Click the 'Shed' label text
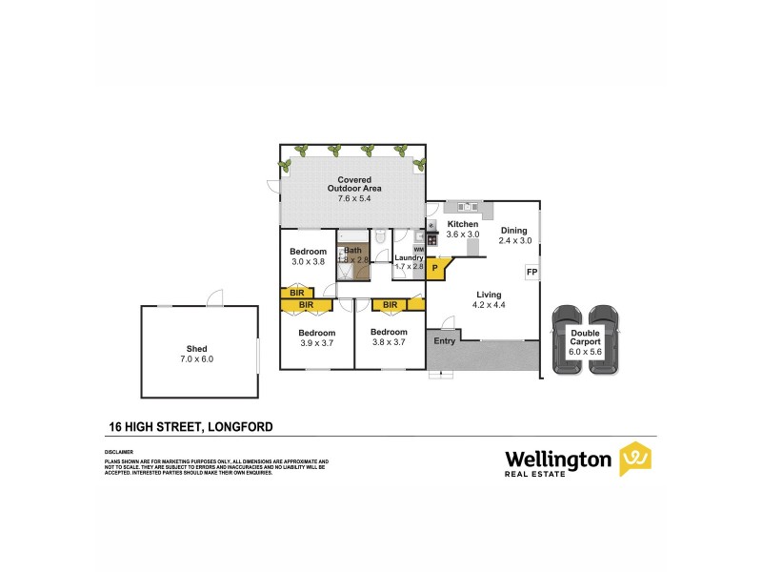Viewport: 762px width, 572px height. pyautogui.click(x=197, y=349)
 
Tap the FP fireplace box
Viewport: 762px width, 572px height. pyautogui.click(x=531, y=272)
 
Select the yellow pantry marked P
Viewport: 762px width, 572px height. pyautogui.click(x=434, y=269)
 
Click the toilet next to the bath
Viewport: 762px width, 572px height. pyautogui.click(x=379, y=238)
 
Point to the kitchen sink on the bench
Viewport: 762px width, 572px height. pyautogui.click(x=466, y=206)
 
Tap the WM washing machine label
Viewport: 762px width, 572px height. pyautogui.click(x=418, y=248)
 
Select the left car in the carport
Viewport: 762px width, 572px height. pyautogui.click(x=568, y=339)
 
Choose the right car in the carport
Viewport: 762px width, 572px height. pyautogui.click(x=603, y=339)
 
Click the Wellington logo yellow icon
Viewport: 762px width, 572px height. pyautogui.click(x=634, y=459)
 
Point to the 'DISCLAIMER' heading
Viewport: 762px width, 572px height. pyautogui.click(x=119, y=451)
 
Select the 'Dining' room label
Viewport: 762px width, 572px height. pyautogui.click(x=513, y=230)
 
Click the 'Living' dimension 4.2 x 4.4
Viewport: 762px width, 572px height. pyautogui.click(x=488, y=305)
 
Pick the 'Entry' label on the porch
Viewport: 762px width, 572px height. pyautogui.click(x=444, y=340)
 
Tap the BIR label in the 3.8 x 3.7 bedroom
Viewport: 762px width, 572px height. pyautogui.click(x=390, y=305)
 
